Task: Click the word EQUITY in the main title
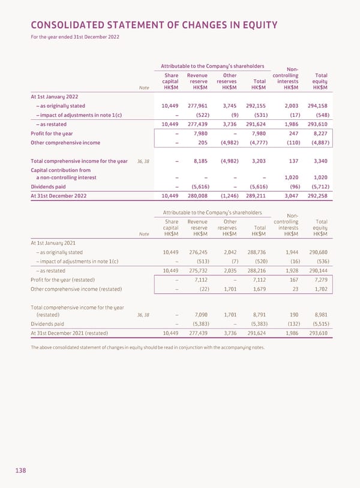pyautogui.click(x=251, y=25)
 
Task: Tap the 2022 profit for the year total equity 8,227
pyautogui.click(x=319, y=133)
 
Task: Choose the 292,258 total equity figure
pyautogui.click(x=316, y=195)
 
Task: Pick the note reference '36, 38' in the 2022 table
pyautogui.click(x=144, y=161)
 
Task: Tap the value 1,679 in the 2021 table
pyautogui.click(x=257, y=290)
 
